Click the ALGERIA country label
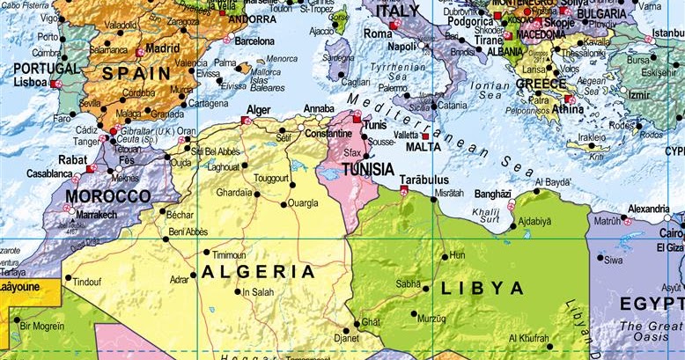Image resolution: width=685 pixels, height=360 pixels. (258, 272)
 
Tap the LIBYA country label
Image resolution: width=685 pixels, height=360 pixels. (482, 288)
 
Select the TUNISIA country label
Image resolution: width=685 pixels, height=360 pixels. (368, 169)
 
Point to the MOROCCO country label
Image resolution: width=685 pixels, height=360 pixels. (109, 195)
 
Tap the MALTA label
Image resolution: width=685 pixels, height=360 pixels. (423, 147)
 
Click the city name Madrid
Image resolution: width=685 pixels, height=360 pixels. (163, 48)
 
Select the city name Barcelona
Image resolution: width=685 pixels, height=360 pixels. (254, 40)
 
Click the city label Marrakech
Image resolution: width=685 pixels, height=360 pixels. (96, 214)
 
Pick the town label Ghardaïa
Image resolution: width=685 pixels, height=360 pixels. (233, 192)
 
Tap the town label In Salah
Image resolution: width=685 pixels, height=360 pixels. (258, 292)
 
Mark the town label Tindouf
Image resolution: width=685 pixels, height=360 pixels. (87, 282)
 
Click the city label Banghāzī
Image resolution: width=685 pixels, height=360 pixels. (493, 194)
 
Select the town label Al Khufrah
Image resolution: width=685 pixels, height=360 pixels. (528, 338)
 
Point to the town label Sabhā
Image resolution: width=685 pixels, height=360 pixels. (408, 284)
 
